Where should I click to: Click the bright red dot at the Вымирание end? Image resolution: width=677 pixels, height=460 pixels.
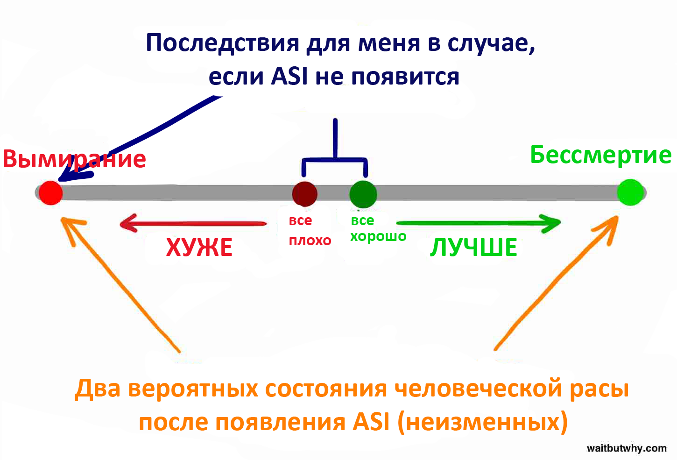click(x=50, y=192)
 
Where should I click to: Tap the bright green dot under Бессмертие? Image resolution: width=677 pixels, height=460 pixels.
click(x=630, y=192)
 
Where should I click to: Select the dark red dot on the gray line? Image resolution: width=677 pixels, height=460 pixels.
click(x=304, y=193)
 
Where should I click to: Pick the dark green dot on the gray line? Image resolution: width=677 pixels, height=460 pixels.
click(x=363, y=194)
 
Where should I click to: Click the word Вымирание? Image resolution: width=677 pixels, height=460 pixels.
click(x=74, y=159)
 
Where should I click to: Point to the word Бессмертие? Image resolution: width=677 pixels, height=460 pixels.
click(x=600, y=156)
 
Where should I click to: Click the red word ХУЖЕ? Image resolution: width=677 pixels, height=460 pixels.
click(x=199, y=248)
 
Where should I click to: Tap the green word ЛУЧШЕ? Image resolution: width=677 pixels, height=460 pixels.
click(x=473, y=248)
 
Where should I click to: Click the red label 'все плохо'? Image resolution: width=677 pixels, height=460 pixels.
click(x=309, y=231)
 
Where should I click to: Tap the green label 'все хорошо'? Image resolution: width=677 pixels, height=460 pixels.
click(x=378, y=228)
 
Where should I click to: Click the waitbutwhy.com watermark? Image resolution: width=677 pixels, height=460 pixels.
click(x=627, y=448)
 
